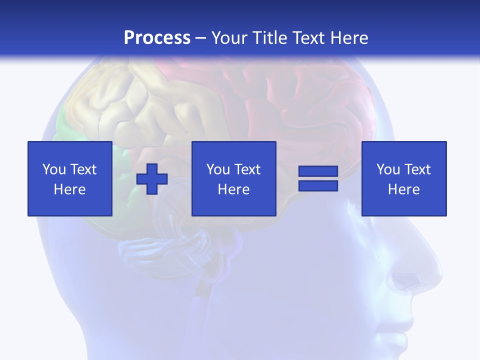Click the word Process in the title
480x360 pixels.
point(157,38)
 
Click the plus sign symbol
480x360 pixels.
point(152,179)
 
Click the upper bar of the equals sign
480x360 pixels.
point(318,171)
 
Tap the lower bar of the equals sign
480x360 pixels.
point(318,185)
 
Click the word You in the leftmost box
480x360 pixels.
point(54,169)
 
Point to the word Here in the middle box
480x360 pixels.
point(234,189)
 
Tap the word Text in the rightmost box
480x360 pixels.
point(417,169)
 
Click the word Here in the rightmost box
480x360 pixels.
point(404,189)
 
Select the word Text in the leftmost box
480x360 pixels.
point(83,169)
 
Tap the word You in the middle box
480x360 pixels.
point(218,169)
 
